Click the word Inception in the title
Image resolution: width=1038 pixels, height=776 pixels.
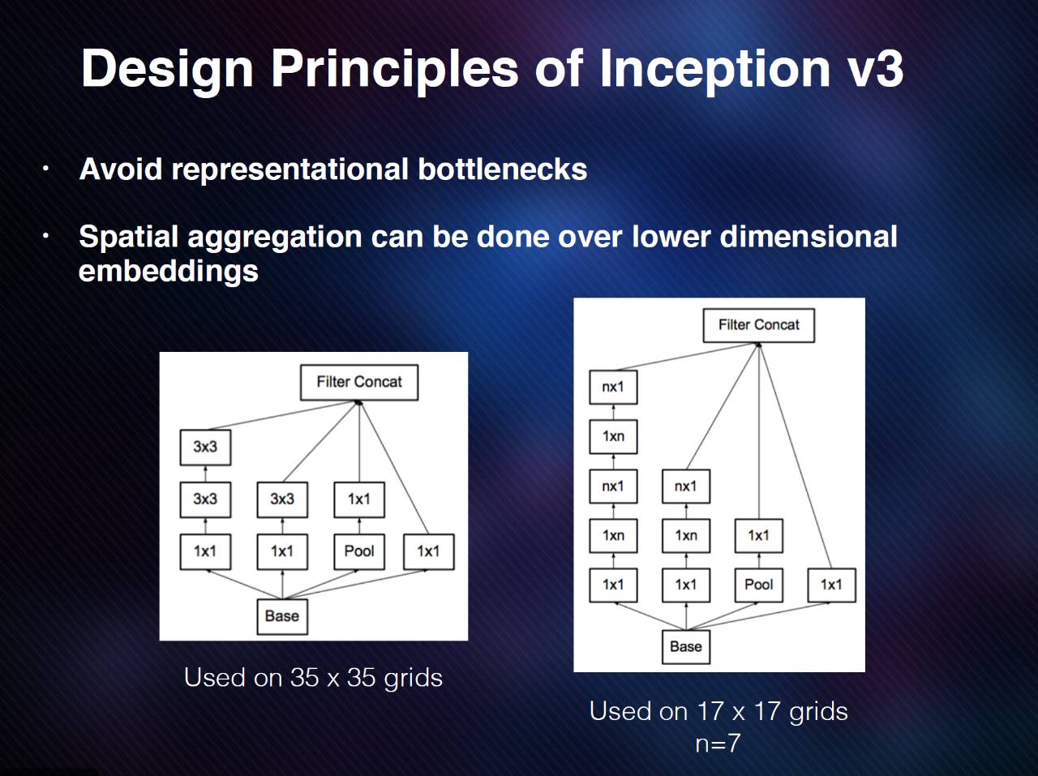(x=714, y=68)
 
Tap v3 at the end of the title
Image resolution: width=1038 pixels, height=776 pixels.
(x=874, y=68)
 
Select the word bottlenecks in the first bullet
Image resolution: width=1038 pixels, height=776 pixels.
(x=502, y=169)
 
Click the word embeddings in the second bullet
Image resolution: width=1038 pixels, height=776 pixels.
(x=169, y=271)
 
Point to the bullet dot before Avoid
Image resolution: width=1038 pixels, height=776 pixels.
(x=46, y=169)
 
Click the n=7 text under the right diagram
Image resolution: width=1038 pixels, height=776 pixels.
(x=718, y=744)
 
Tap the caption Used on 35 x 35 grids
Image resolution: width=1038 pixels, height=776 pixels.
(x=313, y=677)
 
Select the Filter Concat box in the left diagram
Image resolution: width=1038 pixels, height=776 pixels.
(x=359, y=382)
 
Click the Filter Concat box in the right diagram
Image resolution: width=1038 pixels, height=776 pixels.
(x=758, y=325)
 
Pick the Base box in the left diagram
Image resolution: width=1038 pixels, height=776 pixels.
(x=281, y=616)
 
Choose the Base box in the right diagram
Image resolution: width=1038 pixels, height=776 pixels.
(x=685, y=647)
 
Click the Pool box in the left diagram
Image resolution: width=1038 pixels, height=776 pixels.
(x=358, y=551)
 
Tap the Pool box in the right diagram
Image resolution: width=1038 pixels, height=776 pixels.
(x=758, y=585)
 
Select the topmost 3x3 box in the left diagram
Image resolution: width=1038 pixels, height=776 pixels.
(x=205, y=447)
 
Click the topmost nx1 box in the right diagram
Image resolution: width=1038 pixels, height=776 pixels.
(x=613, y=387)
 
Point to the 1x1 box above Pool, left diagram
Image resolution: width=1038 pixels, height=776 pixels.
(x=358, y=499)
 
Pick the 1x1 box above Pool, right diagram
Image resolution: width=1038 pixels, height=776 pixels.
(x=758, y=535)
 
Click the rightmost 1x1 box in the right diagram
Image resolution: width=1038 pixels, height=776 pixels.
(x=831, y=585)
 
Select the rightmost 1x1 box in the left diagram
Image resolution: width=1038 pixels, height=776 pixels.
(x=428, y=551)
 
